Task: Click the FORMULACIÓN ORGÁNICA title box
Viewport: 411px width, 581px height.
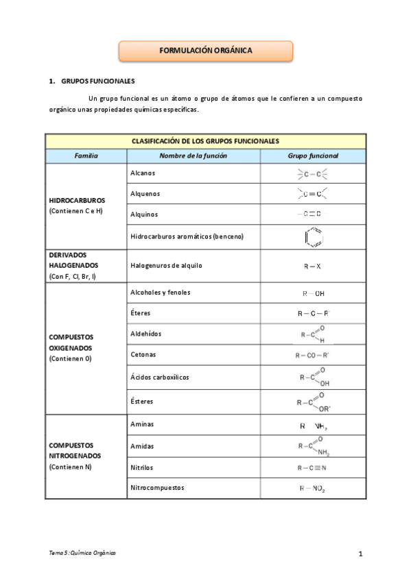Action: tap(206, 51)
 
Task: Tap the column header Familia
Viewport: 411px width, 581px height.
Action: tap(86, 156)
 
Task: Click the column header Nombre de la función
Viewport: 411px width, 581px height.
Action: tap(193, 156)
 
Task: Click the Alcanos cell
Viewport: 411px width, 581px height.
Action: tap(143, 173)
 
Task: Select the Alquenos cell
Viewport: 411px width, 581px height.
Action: tap(145, 194)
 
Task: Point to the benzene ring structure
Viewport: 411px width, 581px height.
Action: tap(314, 237)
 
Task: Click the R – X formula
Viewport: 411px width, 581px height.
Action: tap(313, 266)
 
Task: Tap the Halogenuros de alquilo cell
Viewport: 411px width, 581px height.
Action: tap(166, 265)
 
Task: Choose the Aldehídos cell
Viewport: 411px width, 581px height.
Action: tap(146, 334)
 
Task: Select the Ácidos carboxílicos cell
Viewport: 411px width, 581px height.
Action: tap(159, 377)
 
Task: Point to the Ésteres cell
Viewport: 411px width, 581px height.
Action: tap(142, 401)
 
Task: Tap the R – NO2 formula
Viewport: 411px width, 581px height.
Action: tap(313, 489)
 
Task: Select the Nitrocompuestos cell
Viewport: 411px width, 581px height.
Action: tap(157, 488)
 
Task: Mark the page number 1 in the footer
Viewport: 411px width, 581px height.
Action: tap(360, 554)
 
